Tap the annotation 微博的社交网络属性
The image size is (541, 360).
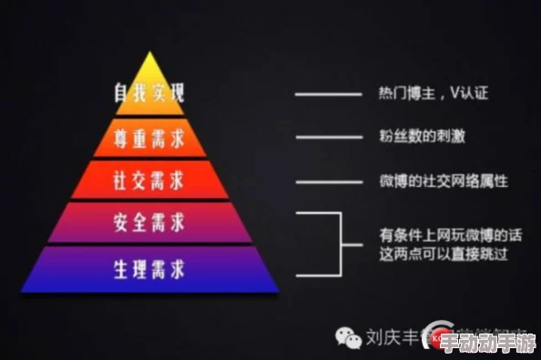pos(442,180)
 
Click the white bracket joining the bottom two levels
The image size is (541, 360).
pos(340,243)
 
